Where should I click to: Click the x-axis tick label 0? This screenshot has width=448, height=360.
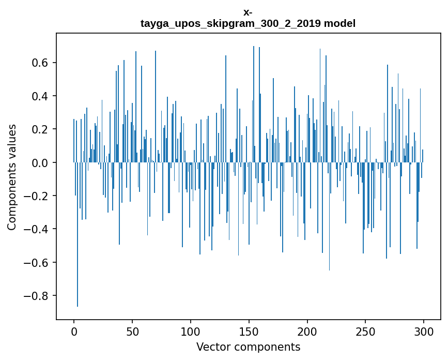point(74,331)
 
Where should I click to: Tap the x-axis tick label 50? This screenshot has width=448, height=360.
point(132,331)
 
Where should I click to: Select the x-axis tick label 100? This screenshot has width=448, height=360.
point(191,331)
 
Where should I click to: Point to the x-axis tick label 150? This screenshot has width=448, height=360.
point(249,331)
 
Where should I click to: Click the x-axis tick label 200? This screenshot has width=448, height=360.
point(307,331)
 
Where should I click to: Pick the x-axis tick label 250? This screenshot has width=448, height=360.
point(365,331)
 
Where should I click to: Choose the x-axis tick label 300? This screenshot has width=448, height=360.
point(424,331)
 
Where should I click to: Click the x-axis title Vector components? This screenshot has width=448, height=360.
point(248,347)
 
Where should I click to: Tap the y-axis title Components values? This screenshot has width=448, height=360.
point(12,177)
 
